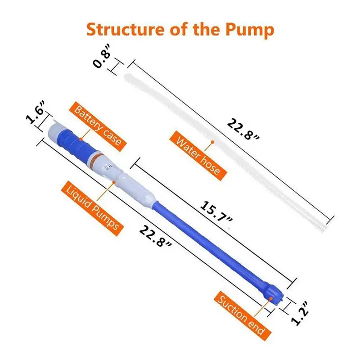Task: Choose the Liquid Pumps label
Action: point(93,205)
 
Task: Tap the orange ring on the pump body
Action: point(97,157)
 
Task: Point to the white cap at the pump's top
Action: point(56,130)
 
